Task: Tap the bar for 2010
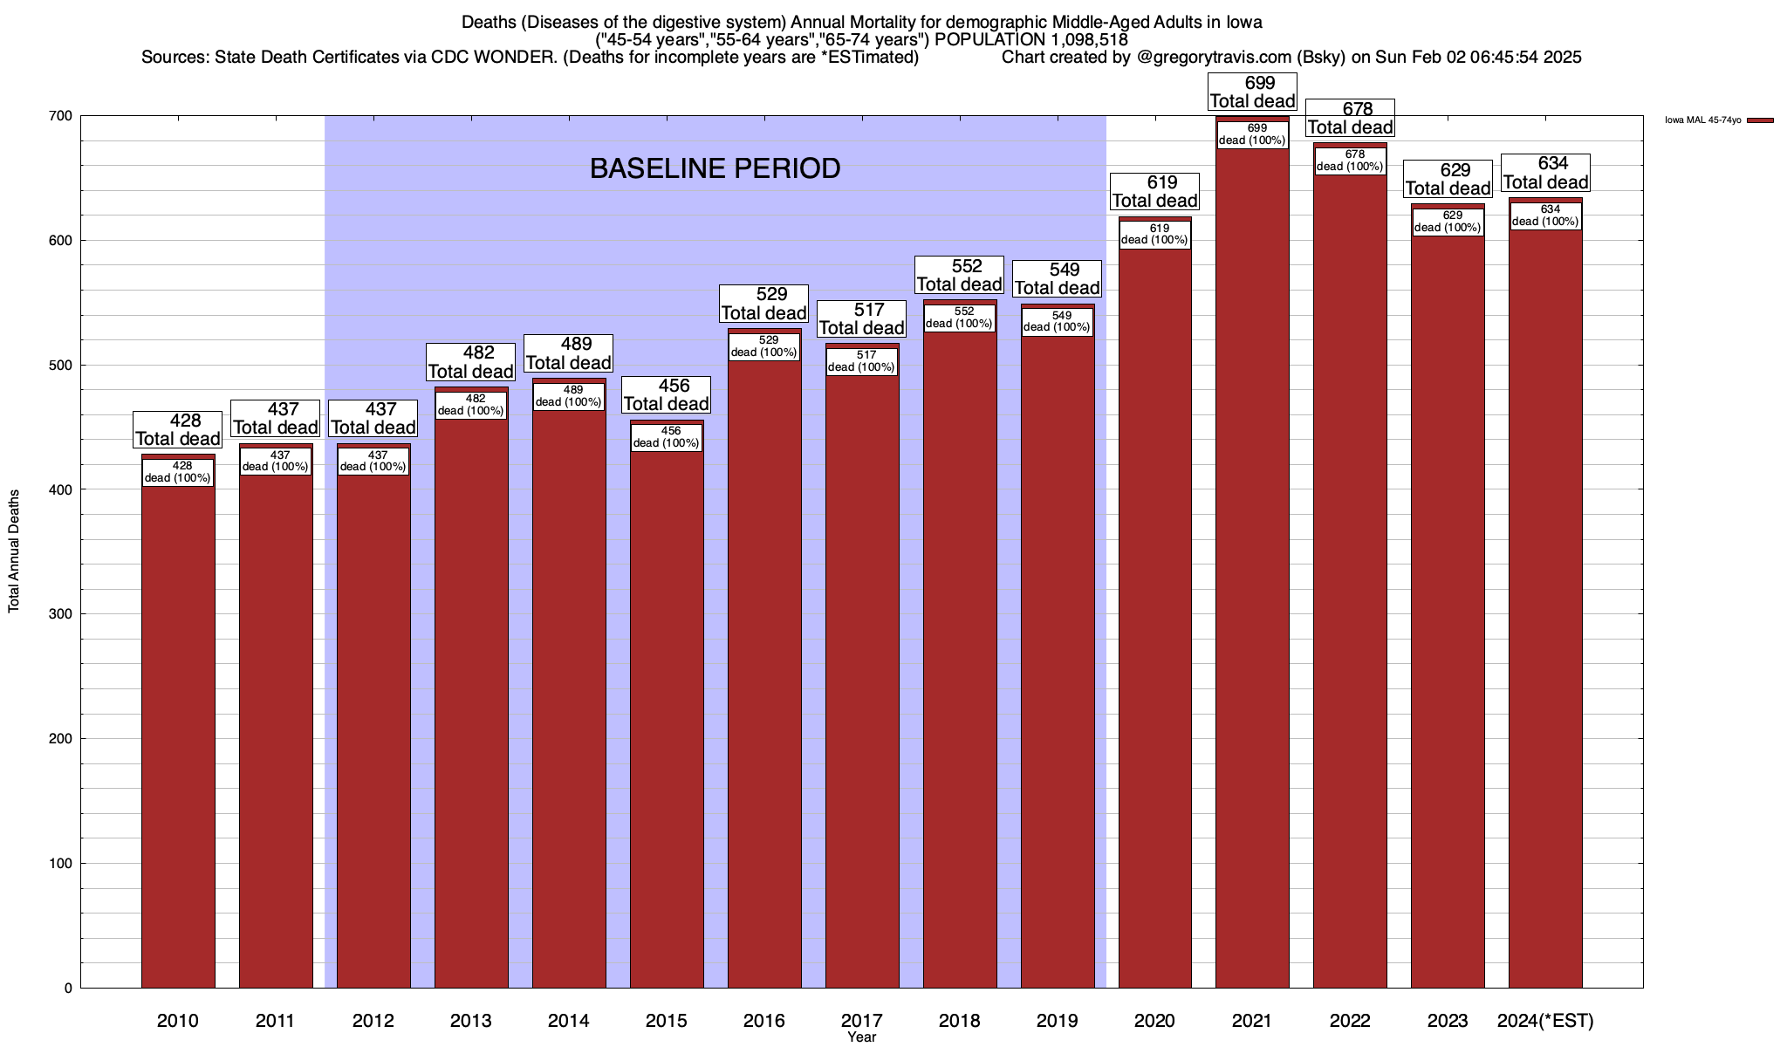pyautogui.click(x=178, y=742)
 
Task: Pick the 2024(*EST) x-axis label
pyautogui.click(x=1545, y=1020)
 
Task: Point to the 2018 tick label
pyautogui.click(x=960, y=1020)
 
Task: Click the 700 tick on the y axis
pyautogui.click(x=61, y=116)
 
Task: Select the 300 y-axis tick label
pyautogui.click(x=61, y=614)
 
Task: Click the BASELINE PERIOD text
pyautogui.click(x=715, y=168)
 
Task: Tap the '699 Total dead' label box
pyautogui.click(x=1252, y=92)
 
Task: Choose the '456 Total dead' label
pyautogui.click(x=667, y=394)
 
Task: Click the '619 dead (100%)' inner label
pyautogui.click(x=1154, y=235)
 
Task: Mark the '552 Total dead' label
pyautogui.click(x=960, y=275)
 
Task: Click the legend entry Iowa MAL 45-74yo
pyautogui.click(x=1702, y=120)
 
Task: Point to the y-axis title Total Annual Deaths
pyautogui.click(x=14, y=551)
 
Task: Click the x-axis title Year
pyautogui.click(x=861, y=1037)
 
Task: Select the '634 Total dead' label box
pyautogui.click(x=1545, y=173)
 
